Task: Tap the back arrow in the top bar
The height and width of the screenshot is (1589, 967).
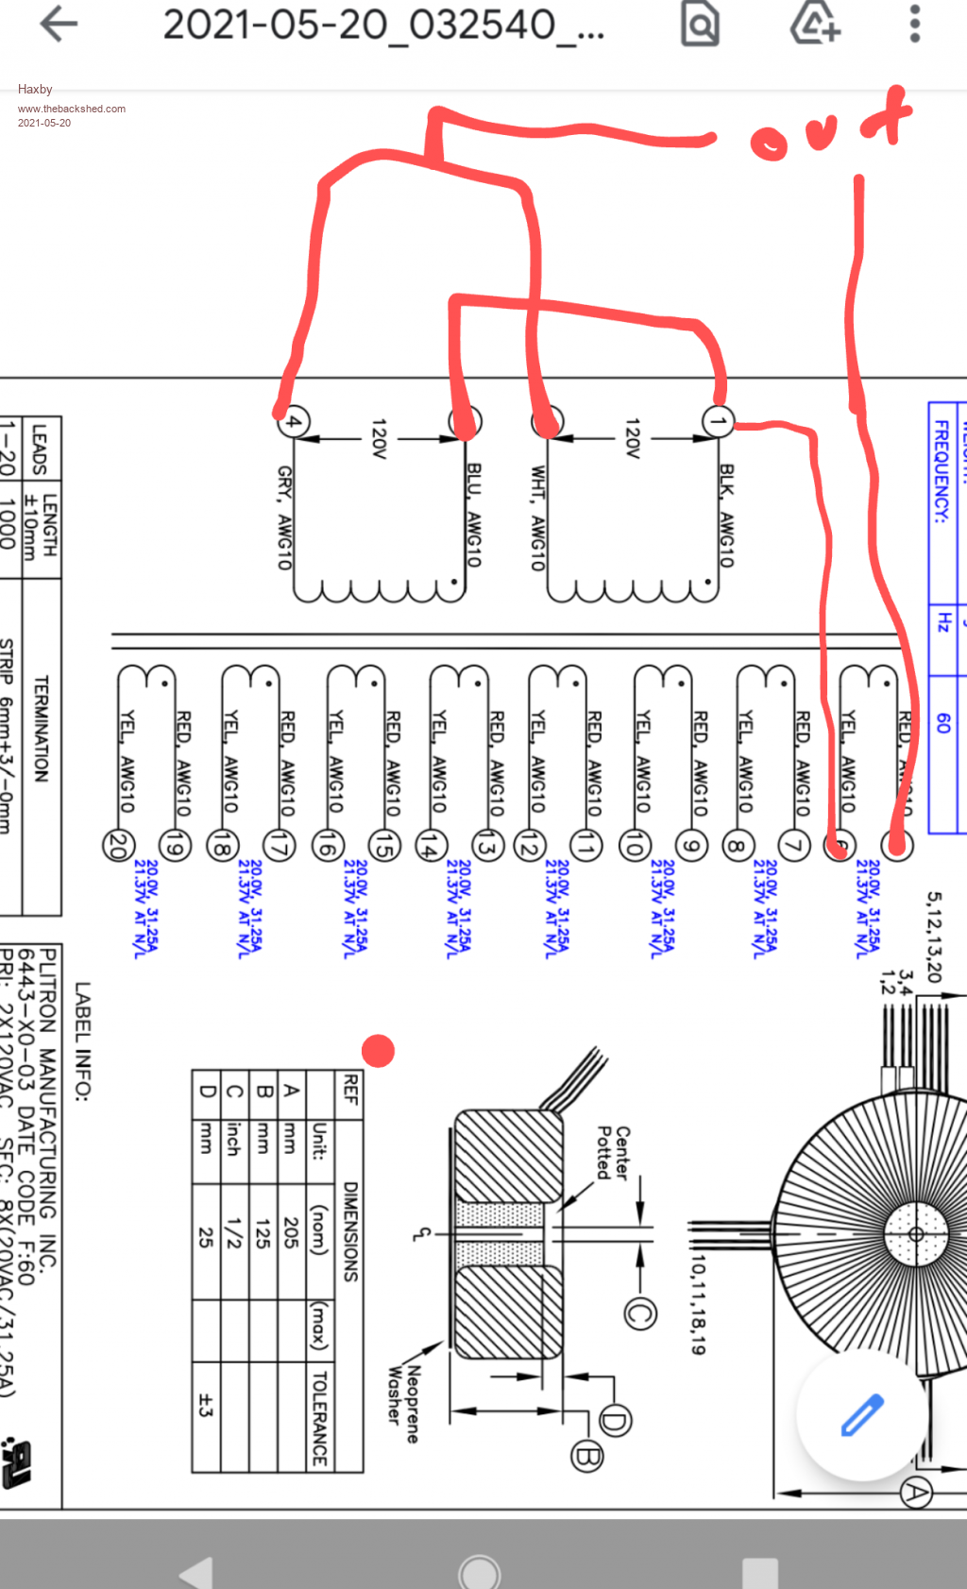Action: (59, 25)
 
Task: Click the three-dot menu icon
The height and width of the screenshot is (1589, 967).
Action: (914, 25)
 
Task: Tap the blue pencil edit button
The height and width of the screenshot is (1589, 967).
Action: (862, 1414)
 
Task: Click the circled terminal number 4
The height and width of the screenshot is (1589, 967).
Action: (294, 421)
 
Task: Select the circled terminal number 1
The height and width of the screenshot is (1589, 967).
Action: (718, 421)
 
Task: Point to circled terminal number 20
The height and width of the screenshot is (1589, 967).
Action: (118, 845)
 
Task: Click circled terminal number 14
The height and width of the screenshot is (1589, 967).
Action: (431, 846)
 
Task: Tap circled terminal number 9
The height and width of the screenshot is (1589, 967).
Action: (692, 846)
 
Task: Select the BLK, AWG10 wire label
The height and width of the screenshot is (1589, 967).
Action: (726, 516)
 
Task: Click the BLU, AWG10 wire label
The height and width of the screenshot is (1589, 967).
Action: (474, 516)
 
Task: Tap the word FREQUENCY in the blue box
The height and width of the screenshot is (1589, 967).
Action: (942, 472)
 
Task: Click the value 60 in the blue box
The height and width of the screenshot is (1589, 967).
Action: (942, 722)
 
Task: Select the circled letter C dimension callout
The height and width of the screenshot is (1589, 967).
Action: (640, 1313)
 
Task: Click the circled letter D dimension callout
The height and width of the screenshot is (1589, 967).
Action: (615, 1420)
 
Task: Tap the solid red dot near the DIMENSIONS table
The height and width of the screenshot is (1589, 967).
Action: (378, 1050)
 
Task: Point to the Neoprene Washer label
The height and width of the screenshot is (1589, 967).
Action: (403, 1404)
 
